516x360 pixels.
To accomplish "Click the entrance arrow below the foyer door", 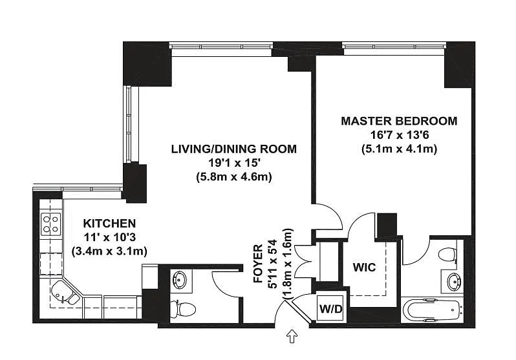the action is tap(292, 337).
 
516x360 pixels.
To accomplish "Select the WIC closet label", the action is tap(364, 267).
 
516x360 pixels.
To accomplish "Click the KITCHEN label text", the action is tap(109, 224).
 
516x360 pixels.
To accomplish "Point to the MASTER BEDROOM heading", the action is tap(399, 121).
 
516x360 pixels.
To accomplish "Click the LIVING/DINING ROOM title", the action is tap(233, 149).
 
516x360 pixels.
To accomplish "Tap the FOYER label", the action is tap(259, 263).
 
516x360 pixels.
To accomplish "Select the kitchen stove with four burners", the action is tap(50, 224).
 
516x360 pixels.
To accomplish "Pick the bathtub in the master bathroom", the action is tap(433, 310).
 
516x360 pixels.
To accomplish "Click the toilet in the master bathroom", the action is tap(448, 255).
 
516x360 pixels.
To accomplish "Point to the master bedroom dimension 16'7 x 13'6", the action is tap(399, 135).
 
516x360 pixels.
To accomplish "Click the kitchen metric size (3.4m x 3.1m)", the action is tap(109, 251).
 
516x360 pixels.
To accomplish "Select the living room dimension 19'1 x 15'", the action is tap(234, 163).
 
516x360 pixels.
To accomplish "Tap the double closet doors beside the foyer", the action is tap(303, 261).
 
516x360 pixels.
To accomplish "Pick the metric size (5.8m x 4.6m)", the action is tap(234, 177).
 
